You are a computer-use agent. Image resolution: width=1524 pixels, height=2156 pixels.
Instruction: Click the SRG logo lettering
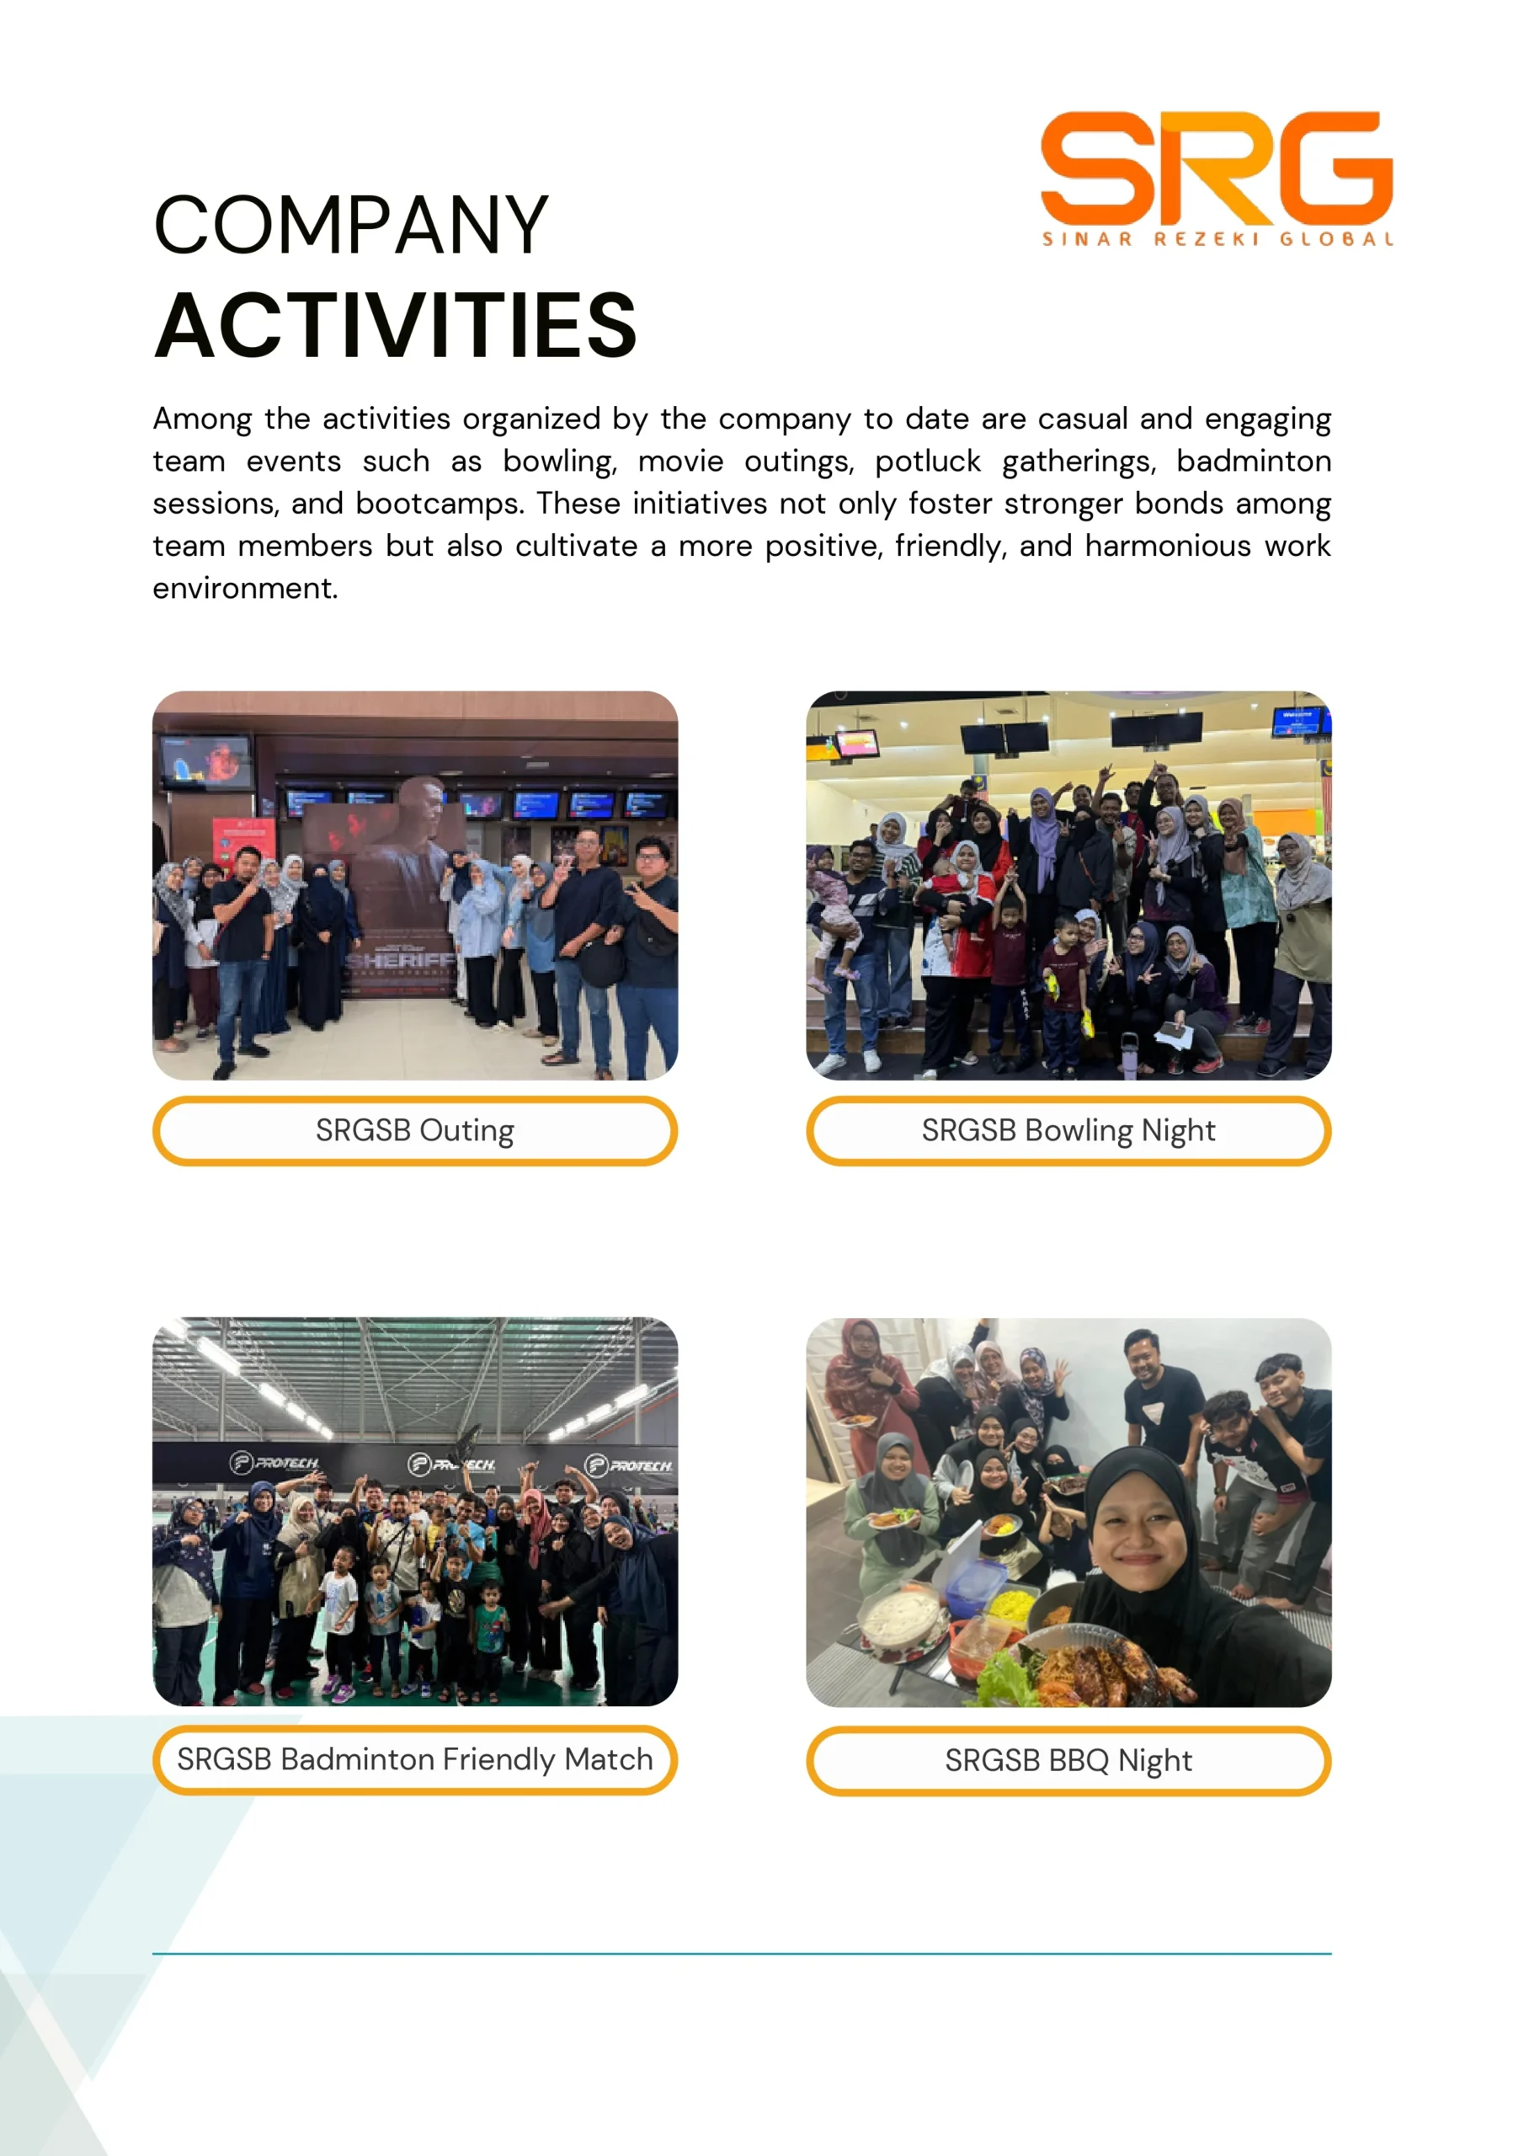click(1216, 168)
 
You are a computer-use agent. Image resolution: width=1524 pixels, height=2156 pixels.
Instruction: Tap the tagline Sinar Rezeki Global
click(1217, 239)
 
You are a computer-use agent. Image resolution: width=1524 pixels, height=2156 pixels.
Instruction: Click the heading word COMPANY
click(350, 226)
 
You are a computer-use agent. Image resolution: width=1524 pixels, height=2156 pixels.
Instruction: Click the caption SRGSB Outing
click(414, 1130)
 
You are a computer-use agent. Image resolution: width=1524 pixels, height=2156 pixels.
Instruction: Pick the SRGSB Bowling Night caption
click(1068, 1130)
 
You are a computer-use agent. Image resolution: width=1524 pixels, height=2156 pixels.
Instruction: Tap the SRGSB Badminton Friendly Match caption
click(414, 1758)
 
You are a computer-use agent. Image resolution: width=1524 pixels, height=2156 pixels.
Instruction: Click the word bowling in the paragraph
click(559, 462)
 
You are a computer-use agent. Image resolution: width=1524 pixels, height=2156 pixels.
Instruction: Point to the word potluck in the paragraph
click(927, 462)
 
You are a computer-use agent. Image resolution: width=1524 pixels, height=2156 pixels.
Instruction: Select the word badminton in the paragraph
click(1253, 462)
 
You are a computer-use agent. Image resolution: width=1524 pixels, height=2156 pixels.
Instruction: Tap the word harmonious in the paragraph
click(1167, 547)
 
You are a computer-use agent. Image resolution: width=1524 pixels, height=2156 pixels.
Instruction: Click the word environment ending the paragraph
click(244, 589)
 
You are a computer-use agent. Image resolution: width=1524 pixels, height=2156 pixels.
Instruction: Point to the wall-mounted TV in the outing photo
click(205, 761)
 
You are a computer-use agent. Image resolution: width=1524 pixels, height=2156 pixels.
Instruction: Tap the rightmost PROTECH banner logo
click(629, 1465)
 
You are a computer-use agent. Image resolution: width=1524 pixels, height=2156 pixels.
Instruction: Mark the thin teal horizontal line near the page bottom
click(741, 1954)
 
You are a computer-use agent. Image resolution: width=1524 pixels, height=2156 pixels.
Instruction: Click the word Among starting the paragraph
click(202, 419)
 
